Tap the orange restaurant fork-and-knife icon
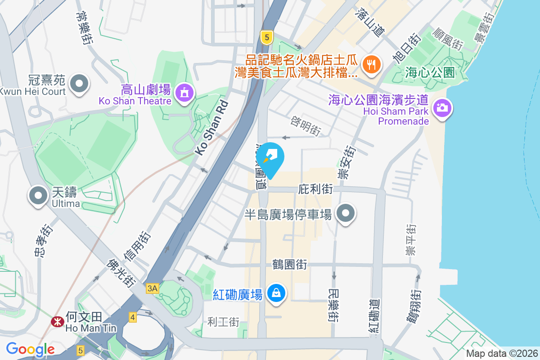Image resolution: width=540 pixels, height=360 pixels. click(x=371, y=64)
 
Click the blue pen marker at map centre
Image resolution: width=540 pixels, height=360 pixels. click(x=272, y=158)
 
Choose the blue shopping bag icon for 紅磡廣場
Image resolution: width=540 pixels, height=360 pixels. click(x=276, y=293)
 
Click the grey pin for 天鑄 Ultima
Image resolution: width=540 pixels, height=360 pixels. click(x=38, y=195)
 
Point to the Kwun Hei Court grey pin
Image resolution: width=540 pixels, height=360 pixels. click(x=80, y=83)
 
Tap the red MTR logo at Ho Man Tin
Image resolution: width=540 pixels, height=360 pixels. click(x=57, y=321)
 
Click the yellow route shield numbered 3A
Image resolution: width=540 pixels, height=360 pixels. click(x=153, y=288)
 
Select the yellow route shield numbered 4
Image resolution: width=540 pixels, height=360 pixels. click(x=132, y=317)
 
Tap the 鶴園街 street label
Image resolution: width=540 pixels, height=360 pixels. click(x=290, y=265)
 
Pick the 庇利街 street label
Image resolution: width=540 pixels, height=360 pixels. click(x=315, y=189)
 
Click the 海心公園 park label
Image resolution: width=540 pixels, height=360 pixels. click(x=429, y=72)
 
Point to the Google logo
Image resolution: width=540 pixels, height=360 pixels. click(x=30, y=349)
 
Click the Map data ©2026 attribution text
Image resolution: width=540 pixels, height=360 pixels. click(x=501, y=354)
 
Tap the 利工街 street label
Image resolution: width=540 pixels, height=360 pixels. click(x=223, y=322)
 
